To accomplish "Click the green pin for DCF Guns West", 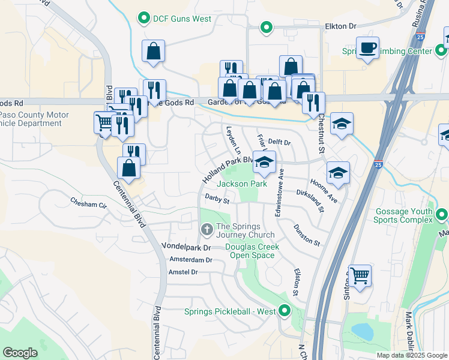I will (x=143, y=19).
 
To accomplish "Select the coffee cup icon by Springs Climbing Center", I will (x=367, y=47).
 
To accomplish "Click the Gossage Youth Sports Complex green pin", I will (x=442, y=214).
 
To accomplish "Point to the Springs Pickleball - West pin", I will (x=285, y=311).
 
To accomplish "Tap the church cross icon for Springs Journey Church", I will (x=206, y=230).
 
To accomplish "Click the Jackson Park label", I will (x=242, y=184).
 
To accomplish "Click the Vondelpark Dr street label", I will (x=187, y=247).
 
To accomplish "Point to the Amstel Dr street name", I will (x=183, y=272).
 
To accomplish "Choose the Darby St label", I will (x=217, y=197).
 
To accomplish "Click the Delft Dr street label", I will (x=279, y=143).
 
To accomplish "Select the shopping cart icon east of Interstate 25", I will (x=360, y=276).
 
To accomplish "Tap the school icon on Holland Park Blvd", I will (x=264, y=162).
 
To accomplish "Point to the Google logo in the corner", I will (x=20, y=353).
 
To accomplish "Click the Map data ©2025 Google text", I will (x=412, y=355).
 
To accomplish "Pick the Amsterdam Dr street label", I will (x=191, y=260).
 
